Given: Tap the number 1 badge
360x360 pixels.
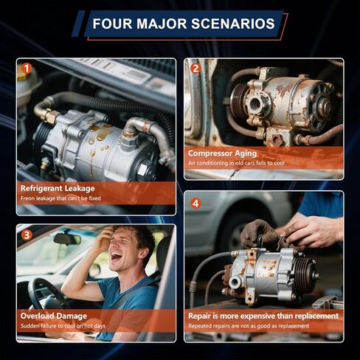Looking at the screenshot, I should (27, 69).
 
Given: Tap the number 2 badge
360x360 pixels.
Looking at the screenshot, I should (195, 69).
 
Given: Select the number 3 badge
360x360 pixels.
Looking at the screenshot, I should (27, 235).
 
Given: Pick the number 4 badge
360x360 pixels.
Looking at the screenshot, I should (195, 203).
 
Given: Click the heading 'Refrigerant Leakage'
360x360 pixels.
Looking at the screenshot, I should (58, 189).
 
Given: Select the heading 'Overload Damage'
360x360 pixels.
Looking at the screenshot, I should (52, 316).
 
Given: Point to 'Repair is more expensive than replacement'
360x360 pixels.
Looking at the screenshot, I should (263, 316).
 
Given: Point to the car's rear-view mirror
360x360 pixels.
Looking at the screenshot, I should (67, 239).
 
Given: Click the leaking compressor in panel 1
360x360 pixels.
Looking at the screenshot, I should (96, 144).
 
